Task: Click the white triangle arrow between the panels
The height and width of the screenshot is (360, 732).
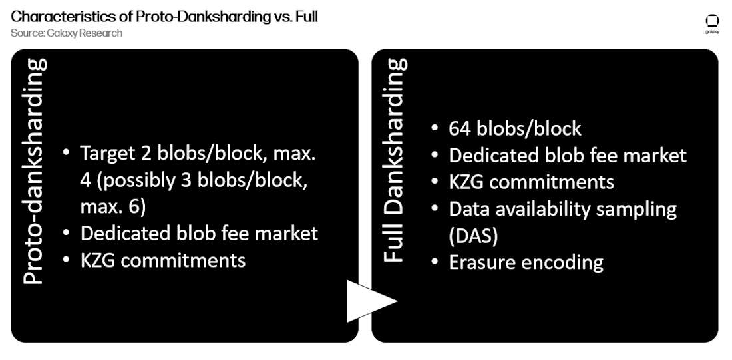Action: click(369, 301)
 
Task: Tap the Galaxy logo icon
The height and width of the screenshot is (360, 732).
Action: click(713, 23)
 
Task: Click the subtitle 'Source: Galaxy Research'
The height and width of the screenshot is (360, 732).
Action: click(67, 33)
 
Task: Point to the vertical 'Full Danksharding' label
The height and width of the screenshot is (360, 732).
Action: click(394, 160)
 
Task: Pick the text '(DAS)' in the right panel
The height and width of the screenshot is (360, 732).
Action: click(473, 236)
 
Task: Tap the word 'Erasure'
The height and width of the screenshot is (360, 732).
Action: click(482, 262)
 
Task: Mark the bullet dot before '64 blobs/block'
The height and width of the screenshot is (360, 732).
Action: click(435, 129)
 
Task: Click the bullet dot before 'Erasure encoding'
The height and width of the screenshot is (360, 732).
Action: click(435, 263)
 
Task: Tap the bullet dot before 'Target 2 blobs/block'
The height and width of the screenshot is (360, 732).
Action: click(67, 154)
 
